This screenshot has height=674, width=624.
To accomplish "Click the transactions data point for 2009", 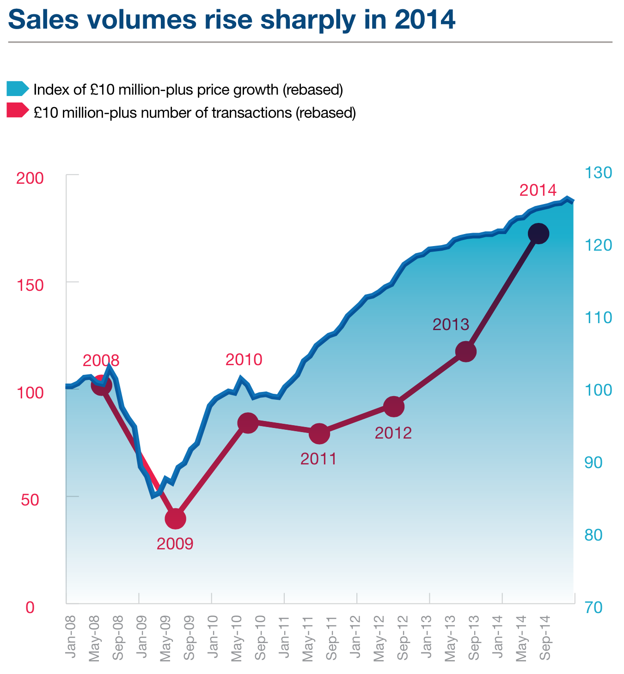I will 175,518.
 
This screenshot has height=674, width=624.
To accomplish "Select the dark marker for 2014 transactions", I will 538,234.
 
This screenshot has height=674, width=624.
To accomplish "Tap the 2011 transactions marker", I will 319,433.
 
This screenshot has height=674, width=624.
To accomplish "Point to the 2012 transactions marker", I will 394,407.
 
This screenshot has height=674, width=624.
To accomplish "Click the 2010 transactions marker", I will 247,423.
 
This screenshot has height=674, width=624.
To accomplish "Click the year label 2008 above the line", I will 101,360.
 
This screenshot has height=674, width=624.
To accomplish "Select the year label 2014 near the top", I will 538,190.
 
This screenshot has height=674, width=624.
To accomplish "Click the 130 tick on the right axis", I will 598,173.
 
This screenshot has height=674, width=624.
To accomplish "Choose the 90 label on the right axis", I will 594,463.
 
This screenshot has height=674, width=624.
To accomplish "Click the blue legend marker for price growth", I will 18,89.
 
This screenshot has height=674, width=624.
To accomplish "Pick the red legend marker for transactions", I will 18,111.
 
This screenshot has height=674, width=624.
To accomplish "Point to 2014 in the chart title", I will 425,20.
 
